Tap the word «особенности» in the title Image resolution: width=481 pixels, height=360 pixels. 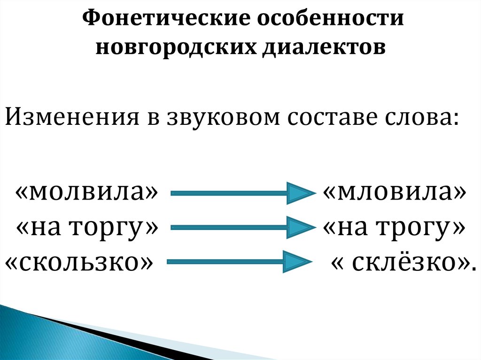click(x=329, y=19)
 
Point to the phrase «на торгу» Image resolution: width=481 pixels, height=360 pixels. click(x=86, y=228)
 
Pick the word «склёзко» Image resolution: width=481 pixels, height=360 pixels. click(x=401, y=263)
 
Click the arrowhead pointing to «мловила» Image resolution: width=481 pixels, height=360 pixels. click(x=298, y=193)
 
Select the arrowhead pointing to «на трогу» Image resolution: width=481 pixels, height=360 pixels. click(x=298, y=228)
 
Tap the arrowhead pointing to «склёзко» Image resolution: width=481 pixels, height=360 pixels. click(x=296, y=262)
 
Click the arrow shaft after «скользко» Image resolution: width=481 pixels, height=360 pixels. click(x=225, y=262)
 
